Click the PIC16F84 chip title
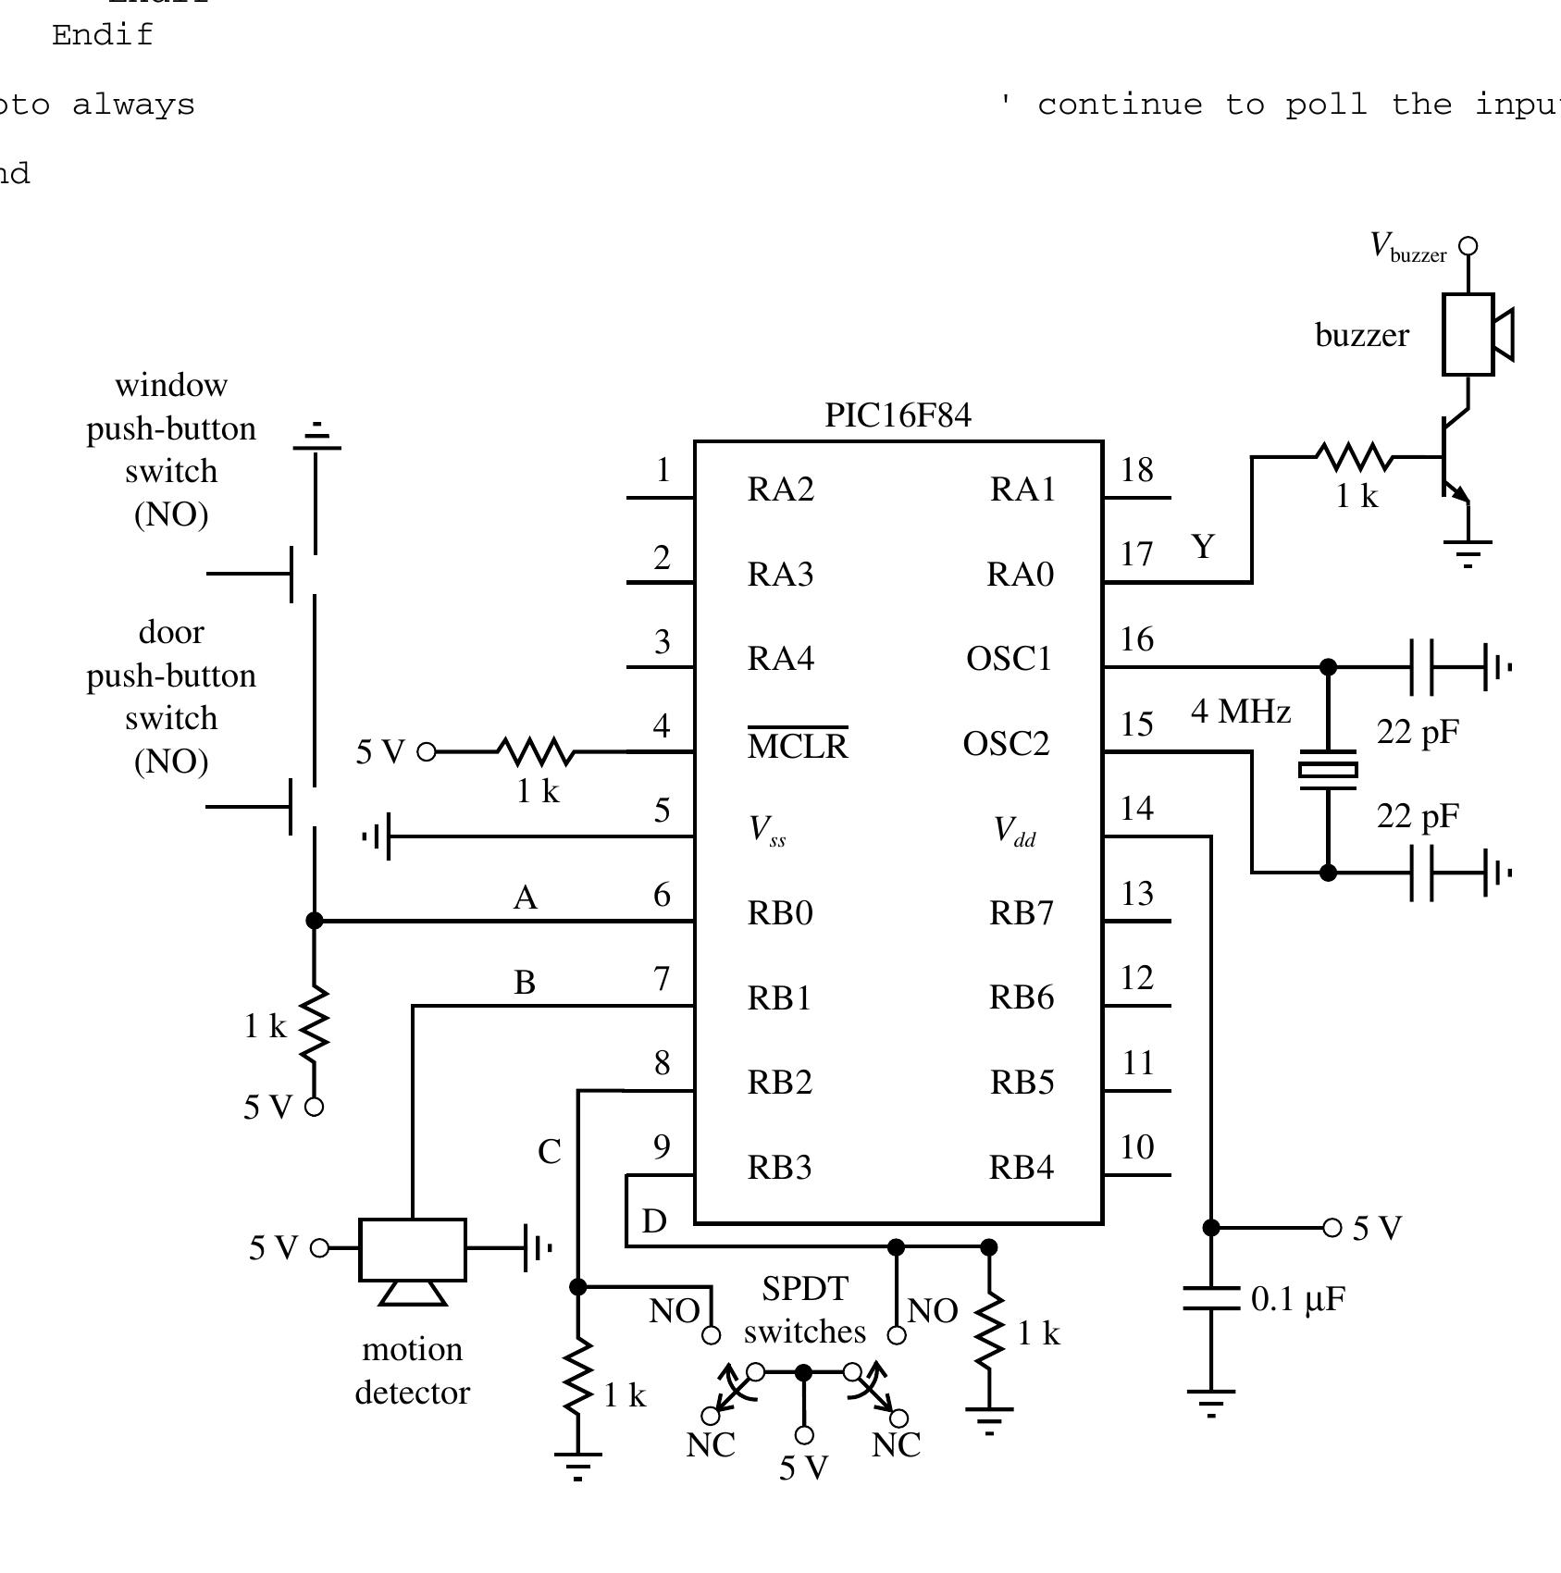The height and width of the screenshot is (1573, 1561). [898, 415]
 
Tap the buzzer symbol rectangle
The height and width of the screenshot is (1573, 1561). [1468, 334]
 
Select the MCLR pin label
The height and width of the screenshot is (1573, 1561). [797, 746]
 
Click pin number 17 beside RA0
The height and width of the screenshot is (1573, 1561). [1136, 554]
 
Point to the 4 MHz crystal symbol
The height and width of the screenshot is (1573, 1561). [1328, 769]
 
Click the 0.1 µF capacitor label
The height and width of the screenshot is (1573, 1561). [1297, 1299]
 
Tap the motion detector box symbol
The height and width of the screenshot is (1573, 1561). [413, 1249]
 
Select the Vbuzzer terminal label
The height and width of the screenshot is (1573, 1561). [1408, 248]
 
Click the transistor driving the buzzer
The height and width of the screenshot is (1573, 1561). [1453, 458]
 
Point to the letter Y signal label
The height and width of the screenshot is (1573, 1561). [1202, 547]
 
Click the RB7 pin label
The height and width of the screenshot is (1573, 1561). [1021, 913]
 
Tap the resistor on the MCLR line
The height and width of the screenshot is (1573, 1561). [536, 751]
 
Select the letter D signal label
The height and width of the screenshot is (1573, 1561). [654, 1221]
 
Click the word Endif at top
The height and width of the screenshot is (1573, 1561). [103, 35]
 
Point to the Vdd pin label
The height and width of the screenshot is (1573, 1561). [1014, 831]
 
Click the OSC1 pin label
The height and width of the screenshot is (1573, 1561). [1009, 659]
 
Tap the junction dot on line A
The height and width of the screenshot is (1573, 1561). [315, 921]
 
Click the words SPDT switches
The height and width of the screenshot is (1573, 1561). [804, 1310]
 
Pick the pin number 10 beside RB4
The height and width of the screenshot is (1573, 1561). [1136, 1147]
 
